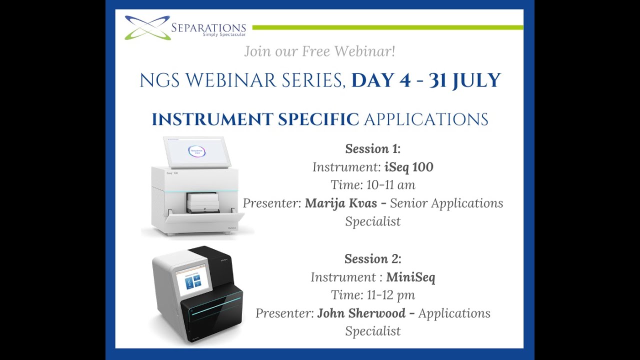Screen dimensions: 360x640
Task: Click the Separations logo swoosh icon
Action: pos(147,27)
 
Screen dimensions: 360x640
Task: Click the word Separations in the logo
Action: pos(208,27)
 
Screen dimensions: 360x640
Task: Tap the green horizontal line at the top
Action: pos(387,27)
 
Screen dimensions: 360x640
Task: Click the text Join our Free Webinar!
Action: pos(319,51)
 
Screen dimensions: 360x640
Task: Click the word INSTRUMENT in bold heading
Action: pos(212,119)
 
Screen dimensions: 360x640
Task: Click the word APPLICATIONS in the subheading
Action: pos(426,119)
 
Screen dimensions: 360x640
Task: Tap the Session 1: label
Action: pos(372,149)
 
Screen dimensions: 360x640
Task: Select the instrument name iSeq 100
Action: pos(408,167)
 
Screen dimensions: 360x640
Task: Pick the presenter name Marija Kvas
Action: pos(340,203)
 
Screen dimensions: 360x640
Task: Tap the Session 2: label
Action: pos(372,259)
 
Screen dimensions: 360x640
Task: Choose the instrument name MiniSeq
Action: pos(410,277)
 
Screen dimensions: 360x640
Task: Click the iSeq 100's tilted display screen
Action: pos(196,151)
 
